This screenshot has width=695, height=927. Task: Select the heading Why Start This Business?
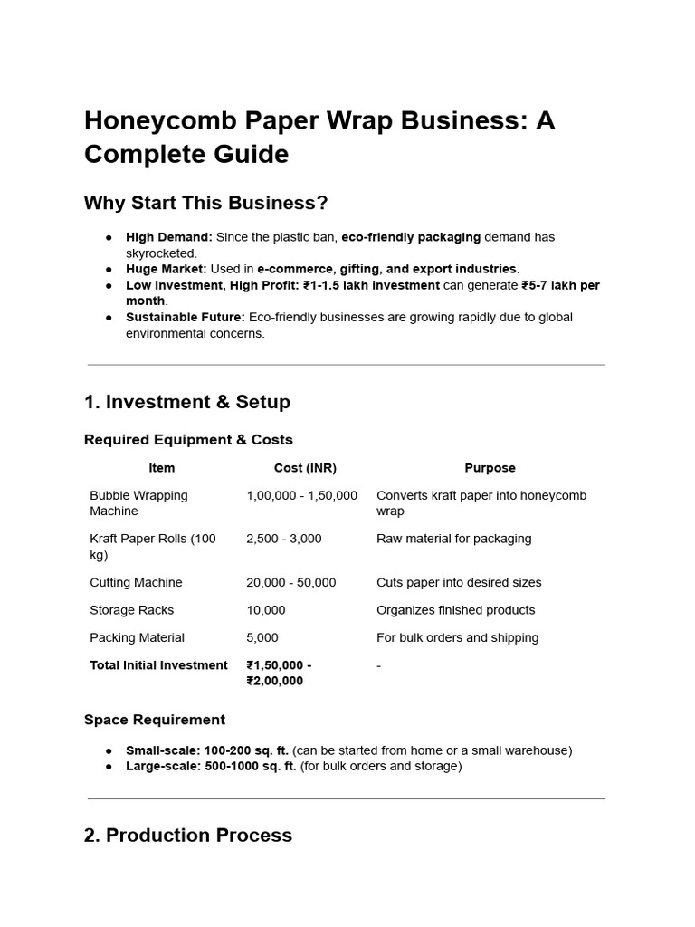(x=206, y=203)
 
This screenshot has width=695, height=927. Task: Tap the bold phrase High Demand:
(x=169, y=237)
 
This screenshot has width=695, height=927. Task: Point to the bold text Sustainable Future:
(x=186, y=317)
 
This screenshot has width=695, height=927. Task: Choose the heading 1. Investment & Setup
(x=187, y=401)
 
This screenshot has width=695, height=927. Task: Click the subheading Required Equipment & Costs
(x=188, y=440)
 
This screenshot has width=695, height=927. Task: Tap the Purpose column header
(x=490, y=468)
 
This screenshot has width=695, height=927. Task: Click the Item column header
(x=162, y=468)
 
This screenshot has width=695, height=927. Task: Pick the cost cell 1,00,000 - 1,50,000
(x=301, y=495)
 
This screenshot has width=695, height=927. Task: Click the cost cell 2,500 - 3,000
(x=283, y=539)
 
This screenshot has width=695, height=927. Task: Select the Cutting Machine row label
(x=136, y=582)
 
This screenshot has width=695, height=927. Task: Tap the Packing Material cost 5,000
(x=262, y=637)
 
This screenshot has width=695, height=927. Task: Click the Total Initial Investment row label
(x=158, y=665)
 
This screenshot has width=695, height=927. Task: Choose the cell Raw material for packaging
(x=453, y=539)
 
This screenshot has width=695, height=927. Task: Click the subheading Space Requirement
(x=155, y=720)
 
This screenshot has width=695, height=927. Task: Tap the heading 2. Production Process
(x=188, y=835)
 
